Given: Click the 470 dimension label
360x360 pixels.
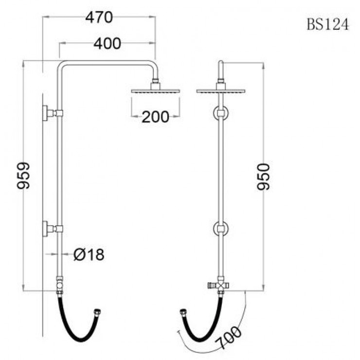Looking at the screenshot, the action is (99, 18).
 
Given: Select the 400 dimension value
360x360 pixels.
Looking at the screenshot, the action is (107, 44).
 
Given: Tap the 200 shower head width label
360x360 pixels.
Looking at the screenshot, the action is (156, 117).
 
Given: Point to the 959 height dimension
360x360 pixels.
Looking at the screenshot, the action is (23, 176).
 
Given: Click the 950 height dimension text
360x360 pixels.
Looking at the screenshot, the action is (263, 177).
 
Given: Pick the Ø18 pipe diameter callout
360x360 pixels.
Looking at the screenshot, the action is (89, 254).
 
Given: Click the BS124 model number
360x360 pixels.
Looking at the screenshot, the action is (327, 24).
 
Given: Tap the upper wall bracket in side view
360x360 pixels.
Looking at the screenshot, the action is (53, 113).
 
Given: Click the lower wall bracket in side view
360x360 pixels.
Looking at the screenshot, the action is (53, 229).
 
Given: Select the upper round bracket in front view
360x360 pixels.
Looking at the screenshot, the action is (221, 113).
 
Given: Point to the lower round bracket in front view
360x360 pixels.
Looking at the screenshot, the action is (221, 229).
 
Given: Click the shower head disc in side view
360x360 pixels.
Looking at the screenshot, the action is (156, 91).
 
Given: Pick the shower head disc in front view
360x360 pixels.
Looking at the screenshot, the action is (221, 91).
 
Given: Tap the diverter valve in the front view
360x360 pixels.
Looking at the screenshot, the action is (219, 285).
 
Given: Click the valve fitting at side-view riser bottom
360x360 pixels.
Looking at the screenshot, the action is (60, 285).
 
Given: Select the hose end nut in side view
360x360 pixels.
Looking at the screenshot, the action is (97, 312).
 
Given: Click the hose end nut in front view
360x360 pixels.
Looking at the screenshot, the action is (183, 312).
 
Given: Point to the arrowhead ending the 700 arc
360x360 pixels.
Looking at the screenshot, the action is (178, 332).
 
